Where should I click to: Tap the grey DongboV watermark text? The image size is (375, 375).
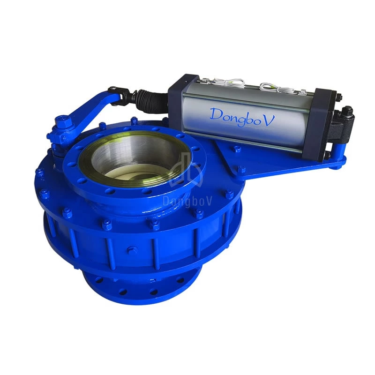coord(187,201)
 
